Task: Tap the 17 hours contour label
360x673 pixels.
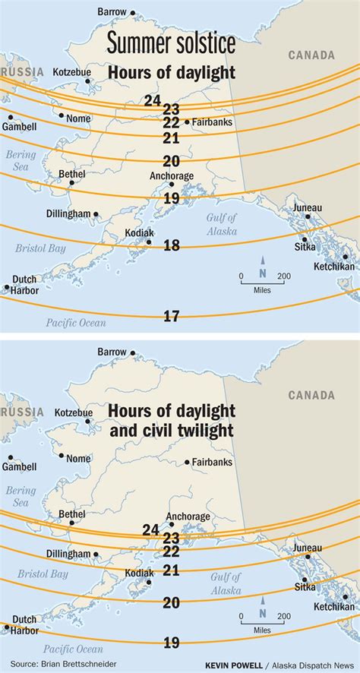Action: tap(172, 315)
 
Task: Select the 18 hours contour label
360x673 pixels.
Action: tap(172, 245)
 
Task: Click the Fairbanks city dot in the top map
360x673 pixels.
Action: tap(187, 122)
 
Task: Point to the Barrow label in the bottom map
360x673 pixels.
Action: tap(114, 352)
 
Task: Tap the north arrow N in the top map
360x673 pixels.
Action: tap(262, 273)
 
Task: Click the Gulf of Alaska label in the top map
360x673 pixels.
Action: tap(220, 223)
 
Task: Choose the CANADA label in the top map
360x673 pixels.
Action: tap(311, 55)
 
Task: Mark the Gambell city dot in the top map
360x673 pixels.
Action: tap(10, 117)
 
